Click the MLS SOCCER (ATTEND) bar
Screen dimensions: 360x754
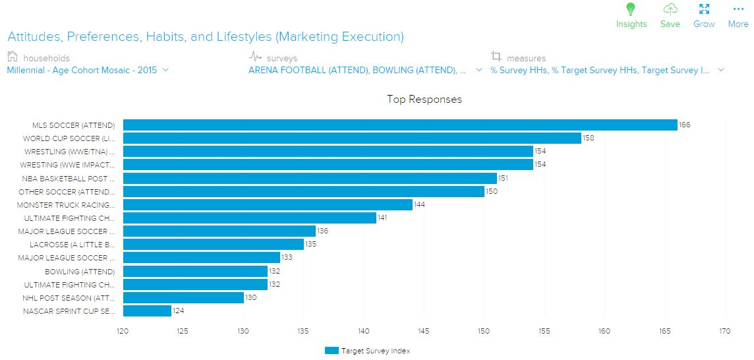(x=400, y=125)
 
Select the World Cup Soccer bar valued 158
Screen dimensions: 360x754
(x=352, y=138)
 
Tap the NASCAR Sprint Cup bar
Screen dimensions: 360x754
(x=147, y=311)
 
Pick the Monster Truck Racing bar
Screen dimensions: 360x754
(x=268, y=205)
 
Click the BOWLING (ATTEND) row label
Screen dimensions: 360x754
(x=80, y=272)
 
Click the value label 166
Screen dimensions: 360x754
(x=684, y=125)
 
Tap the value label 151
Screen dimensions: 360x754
(x=503, y=178)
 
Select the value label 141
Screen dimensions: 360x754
(x=383, y=218)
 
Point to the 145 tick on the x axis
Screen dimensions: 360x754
(x=424, y=331)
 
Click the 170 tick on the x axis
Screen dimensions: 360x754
(x=726, y=331)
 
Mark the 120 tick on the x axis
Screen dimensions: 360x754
(x=123, y=331)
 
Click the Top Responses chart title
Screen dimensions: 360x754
(x=424, y=100)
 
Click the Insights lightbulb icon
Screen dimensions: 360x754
(x=631, y=9)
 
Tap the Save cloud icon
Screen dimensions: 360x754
(x=670, y=9)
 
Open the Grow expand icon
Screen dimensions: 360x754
(x=704, y=9)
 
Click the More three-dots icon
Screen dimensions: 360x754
(x=738, y=9)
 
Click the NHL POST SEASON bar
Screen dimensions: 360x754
(x=183, y=297)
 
